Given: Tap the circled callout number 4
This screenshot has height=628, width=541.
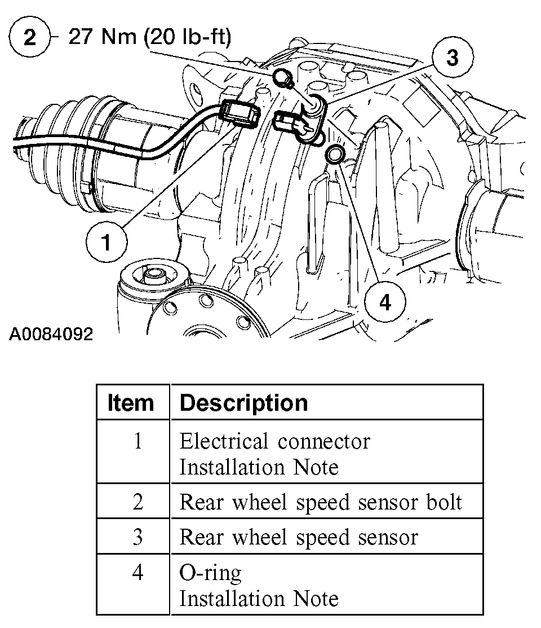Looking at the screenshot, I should pyautogui.click(x=385, y=302).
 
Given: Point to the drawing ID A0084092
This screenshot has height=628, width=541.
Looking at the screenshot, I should pyautogui.click(x=51, y=334).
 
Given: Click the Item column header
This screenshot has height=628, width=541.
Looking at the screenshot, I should pyautogui.click(x=131, y=403).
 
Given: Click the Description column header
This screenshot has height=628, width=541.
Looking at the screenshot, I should pyautogui.click(x=243, y=403).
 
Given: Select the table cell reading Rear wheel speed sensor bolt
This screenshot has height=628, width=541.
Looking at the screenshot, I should pyautogui.click(x=320, y=502).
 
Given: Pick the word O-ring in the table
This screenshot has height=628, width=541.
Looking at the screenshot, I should pyautogui.click(x=210, y=573).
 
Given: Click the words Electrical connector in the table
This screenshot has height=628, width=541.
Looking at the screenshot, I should pyautogui.click(x=274, y=441).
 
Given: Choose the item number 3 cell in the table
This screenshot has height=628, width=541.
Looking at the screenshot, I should pyautogui.click(x=138, y=537).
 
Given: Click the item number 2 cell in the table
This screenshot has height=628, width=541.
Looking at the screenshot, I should pyautogui.click(x=138, y=502).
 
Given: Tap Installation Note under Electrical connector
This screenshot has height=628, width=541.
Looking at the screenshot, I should pyautogui.click(x=259, y=467).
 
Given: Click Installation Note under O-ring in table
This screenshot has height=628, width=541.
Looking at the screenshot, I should pyautogui.click(x=259, y=598).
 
